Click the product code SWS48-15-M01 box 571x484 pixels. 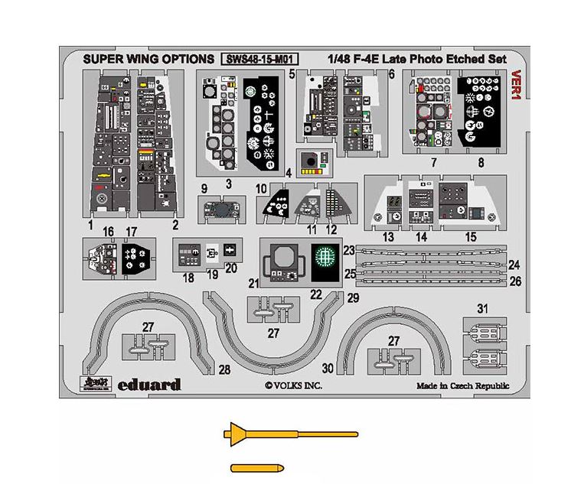259,59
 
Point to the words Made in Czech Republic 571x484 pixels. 462,387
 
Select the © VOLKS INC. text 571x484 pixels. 295,387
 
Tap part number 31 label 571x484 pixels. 482,309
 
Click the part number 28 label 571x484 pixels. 224,370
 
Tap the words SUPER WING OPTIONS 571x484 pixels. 148,59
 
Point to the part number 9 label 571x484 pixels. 204,188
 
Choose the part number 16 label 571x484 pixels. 109,230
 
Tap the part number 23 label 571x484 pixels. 348,251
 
